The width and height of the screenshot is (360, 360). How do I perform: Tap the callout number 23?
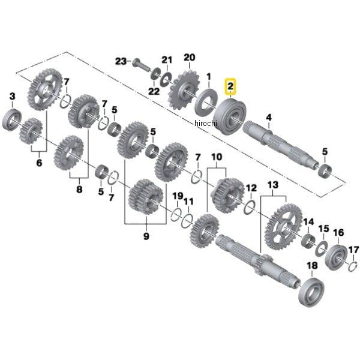[121, 62]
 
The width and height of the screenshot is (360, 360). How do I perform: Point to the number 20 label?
[190, 58]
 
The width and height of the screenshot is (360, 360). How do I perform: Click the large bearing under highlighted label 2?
[229, 114]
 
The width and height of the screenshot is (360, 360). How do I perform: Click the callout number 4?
[269, 117]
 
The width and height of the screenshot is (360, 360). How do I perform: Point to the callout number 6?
[39, 162]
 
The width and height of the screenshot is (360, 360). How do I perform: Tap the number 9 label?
[145, 237]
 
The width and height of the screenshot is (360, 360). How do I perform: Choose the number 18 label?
[311, 266]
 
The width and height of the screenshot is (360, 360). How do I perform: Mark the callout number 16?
[338, 232]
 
